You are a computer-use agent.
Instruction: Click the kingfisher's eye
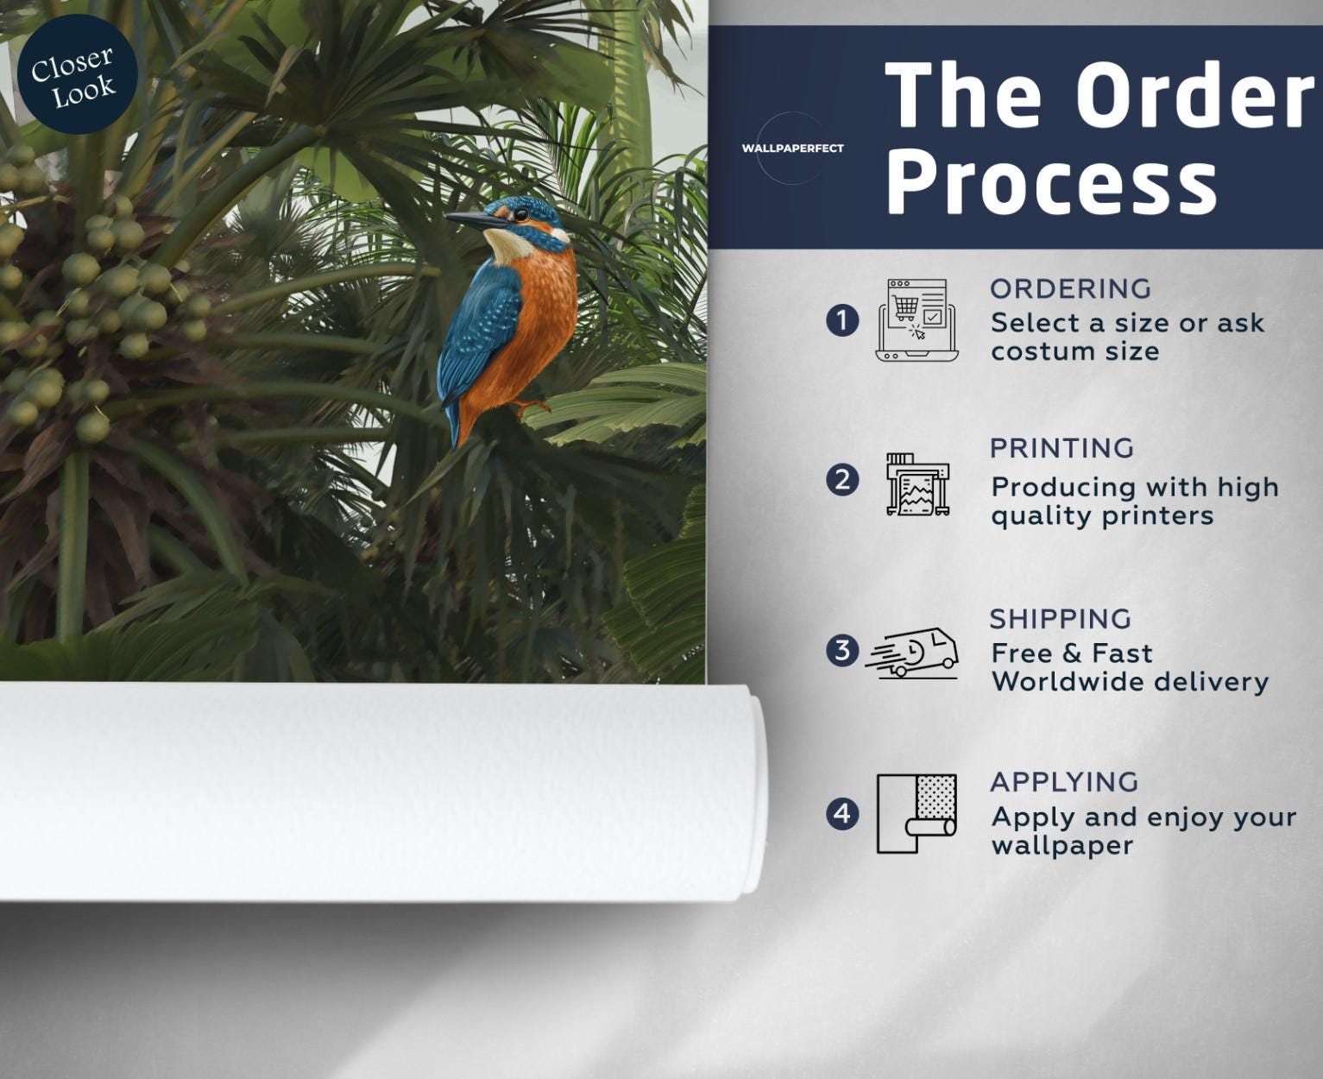(x=521, y=216)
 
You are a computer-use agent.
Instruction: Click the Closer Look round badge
(x=77, y=74)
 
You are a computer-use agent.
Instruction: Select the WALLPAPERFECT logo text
(x=792, y=148)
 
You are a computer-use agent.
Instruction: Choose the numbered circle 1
(x=841, y=320)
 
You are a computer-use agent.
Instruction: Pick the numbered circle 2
(x=841, y=481)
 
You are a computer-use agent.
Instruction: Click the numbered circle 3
(x=841, y=651)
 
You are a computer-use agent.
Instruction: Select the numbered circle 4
(x=841, y=814)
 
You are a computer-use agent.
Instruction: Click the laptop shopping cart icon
(x=917, y=320)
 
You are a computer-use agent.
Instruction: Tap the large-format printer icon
(x=917, y=483)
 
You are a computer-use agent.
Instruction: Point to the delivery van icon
(x=912, y=653)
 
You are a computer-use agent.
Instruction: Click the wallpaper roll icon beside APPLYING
(x=917, y=814)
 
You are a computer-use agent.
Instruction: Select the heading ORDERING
(x=1070, y=289)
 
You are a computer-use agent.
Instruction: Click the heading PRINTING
(x=1062, y=449)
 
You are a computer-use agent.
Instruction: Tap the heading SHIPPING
(x=1061, y=619)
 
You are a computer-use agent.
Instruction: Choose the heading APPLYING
(x=1064, y=782)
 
